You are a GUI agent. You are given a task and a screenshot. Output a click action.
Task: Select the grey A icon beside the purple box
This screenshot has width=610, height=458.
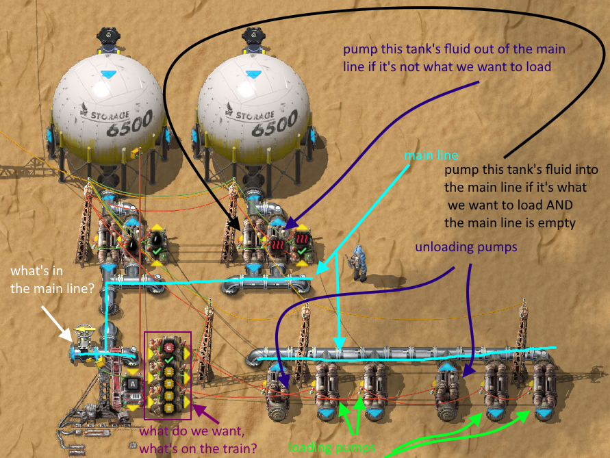131,383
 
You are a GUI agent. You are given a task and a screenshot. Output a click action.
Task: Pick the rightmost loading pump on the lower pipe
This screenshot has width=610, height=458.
544,393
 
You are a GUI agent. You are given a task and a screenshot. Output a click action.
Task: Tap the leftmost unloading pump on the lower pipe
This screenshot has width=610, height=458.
278,392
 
